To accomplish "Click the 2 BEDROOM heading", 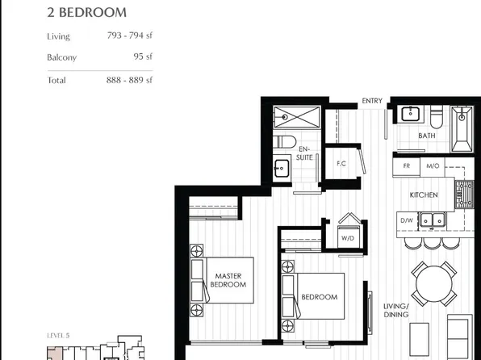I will [87, 13].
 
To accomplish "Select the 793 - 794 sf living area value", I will [130, 36].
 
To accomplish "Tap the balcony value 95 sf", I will [143, 57].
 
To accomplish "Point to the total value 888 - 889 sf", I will [130, 80].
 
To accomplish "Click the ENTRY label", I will [372, 101].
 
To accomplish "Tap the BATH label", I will [427, 136].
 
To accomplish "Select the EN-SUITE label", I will [305, 153].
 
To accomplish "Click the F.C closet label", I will [341, 164].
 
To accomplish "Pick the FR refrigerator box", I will [406, 167].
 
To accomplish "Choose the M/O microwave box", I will [433, 167].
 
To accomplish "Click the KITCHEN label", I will [424, 195].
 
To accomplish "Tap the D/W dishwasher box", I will [407, 220].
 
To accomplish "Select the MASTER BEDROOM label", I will [228, 280].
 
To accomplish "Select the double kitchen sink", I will [436, 220].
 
